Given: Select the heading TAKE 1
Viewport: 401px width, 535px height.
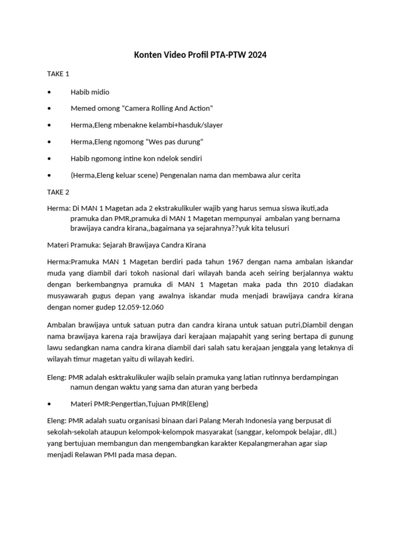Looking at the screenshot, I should click(58, 74).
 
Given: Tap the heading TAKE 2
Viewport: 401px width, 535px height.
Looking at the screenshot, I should click(58, 192).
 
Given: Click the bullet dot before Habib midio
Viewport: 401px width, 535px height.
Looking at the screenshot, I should click(49, 92).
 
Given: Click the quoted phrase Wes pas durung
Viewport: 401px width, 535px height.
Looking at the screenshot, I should click(174, 142).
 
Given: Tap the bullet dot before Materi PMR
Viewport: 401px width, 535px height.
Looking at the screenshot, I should click(49, 404).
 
